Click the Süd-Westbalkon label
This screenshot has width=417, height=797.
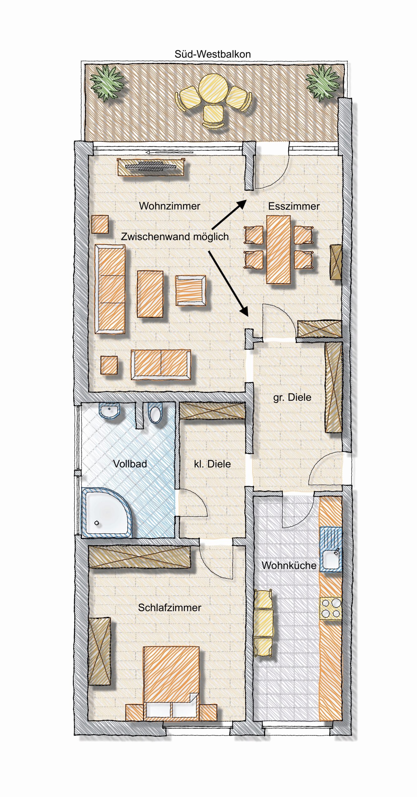click(x=212, y=54)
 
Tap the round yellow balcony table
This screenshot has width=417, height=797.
click(x=213, y=88)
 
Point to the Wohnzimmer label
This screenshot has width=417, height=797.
click(x=169, y=206)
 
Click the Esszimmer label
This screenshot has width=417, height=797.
click(x=294, y=206)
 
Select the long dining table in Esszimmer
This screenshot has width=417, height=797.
click(x=278, y=250)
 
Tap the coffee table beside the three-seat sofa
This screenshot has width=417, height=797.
click(x=150, y=294)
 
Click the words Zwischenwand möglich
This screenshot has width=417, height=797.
click(x=175, y=237)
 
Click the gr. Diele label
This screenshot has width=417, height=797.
click(x=292, y=397)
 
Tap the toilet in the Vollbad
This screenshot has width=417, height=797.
click(x=155, y=413)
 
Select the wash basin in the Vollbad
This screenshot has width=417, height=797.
click(x=109, y=410)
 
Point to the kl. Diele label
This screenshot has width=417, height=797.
click(x=212, y=464)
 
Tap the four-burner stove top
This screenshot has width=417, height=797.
click(x=331, y=608)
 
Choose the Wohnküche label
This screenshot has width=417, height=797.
click(x=289, y=565)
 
